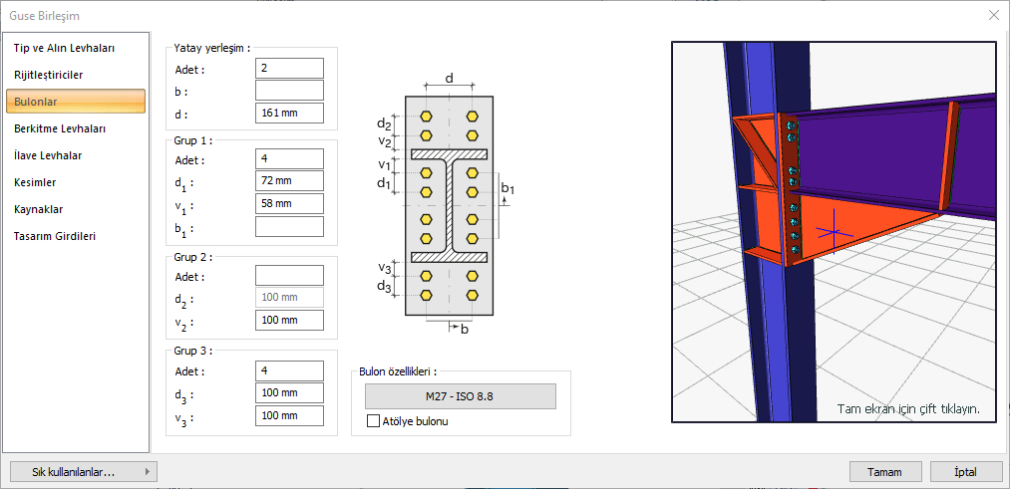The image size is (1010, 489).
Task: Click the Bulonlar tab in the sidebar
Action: [x=76, y=101]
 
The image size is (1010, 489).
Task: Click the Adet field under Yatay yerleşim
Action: [x=289, y=68]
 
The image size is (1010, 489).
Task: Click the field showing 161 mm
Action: [x=289, y=113]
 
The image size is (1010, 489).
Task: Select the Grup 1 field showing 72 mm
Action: [x=289, y=181]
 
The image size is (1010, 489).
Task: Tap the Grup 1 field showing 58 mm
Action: [x=289, y=204]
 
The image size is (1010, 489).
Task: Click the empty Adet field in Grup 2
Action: [x=289, y=275]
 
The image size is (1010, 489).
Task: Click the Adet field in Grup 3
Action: [x=289, y=370]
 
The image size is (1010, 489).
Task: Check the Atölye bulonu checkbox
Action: [x=374, y=421]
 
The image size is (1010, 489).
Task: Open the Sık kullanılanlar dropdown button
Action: [x=82, y=472]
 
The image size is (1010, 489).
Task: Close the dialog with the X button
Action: [x=993, y=15]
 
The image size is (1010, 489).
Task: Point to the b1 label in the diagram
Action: [x=507, y=187]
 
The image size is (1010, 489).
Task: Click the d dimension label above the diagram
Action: [x=450, y=78]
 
